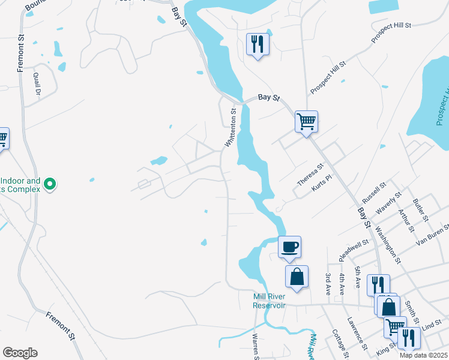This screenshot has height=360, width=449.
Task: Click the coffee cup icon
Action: click(289, 247)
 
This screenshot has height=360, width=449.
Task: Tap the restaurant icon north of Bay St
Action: click(258, 44)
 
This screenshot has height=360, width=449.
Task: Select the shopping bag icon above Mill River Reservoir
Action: click(297, 277)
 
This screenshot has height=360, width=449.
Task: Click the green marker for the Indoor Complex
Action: click(50, 184)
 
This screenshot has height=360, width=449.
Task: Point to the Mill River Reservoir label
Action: click(268, 301)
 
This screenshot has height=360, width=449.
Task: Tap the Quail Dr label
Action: click(37, 84)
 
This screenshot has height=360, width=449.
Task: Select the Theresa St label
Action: click(311, 175)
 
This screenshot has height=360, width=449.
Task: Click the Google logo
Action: click(20, 353)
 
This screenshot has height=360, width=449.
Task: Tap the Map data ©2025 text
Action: click(424, 355)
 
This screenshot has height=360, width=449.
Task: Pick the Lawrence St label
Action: click(357, 334)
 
